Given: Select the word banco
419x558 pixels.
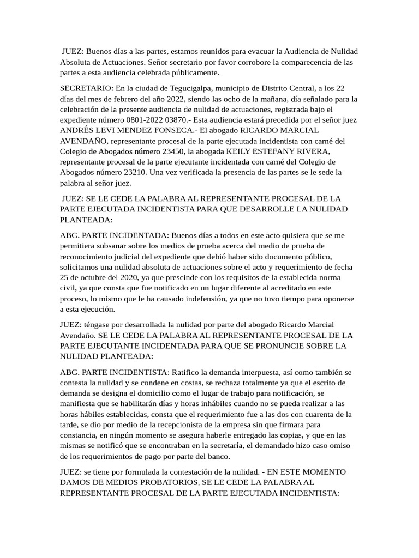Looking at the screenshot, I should tap(219, 456).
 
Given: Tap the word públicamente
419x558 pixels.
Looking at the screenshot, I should tap(187, 72).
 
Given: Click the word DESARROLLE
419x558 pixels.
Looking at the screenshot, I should tap(267, 210).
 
